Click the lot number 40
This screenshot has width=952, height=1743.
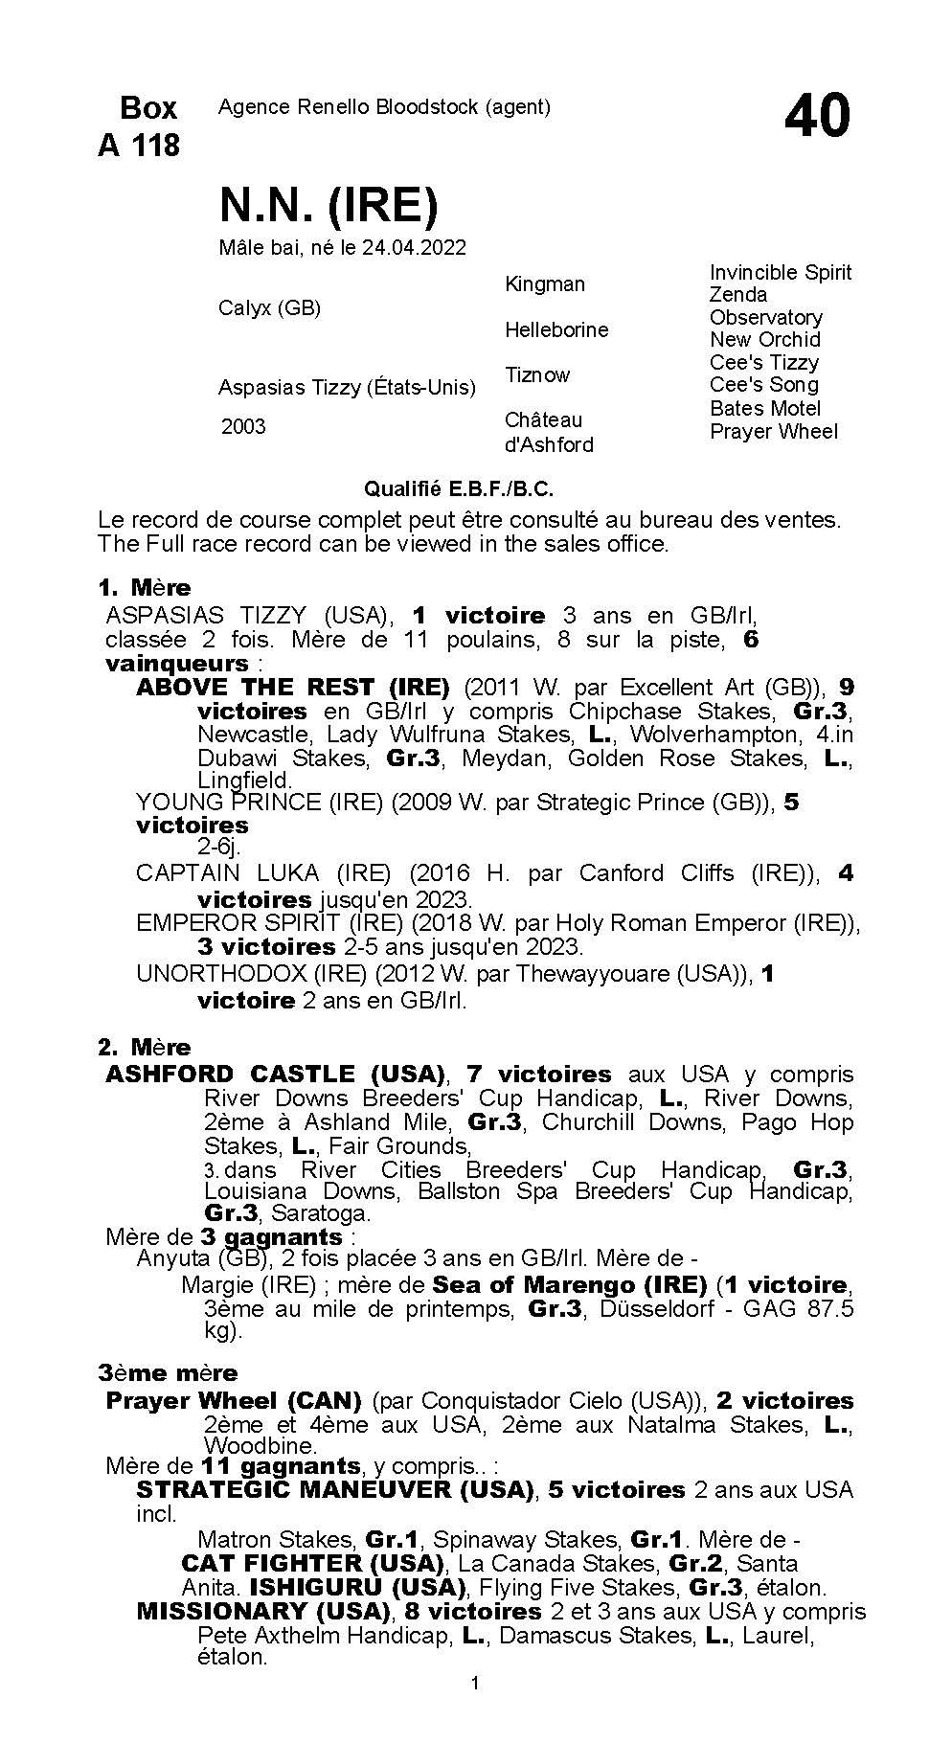[817, 117]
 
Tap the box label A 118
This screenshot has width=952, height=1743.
[139, 146]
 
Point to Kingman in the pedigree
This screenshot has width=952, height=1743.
[544, 283]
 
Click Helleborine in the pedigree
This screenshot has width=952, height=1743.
[556, 329]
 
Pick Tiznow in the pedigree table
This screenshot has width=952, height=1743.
[537, 374]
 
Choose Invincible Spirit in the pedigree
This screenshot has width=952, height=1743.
[780, 272]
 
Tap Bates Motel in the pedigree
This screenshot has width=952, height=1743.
[765, 408]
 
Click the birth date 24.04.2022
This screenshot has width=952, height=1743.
[414, 248]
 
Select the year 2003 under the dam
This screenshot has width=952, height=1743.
[243, 426]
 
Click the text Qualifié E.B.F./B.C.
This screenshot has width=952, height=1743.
[459, 489]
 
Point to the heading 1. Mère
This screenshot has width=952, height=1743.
[145, 587]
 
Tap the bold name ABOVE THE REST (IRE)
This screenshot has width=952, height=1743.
[293, 687]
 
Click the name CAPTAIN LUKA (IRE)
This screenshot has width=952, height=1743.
[263, 872]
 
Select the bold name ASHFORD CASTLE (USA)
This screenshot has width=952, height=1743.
[276, 1074]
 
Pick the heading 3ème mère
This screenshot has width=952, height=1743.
[168, 1372]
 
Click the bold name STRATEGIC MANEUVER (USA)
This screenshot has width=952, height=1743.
[334, 1489]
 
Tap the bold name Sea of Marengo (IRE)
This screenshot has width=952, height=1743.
[569, 1284]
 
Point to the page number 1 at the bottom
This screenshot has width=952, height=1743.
[475, 1709]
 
